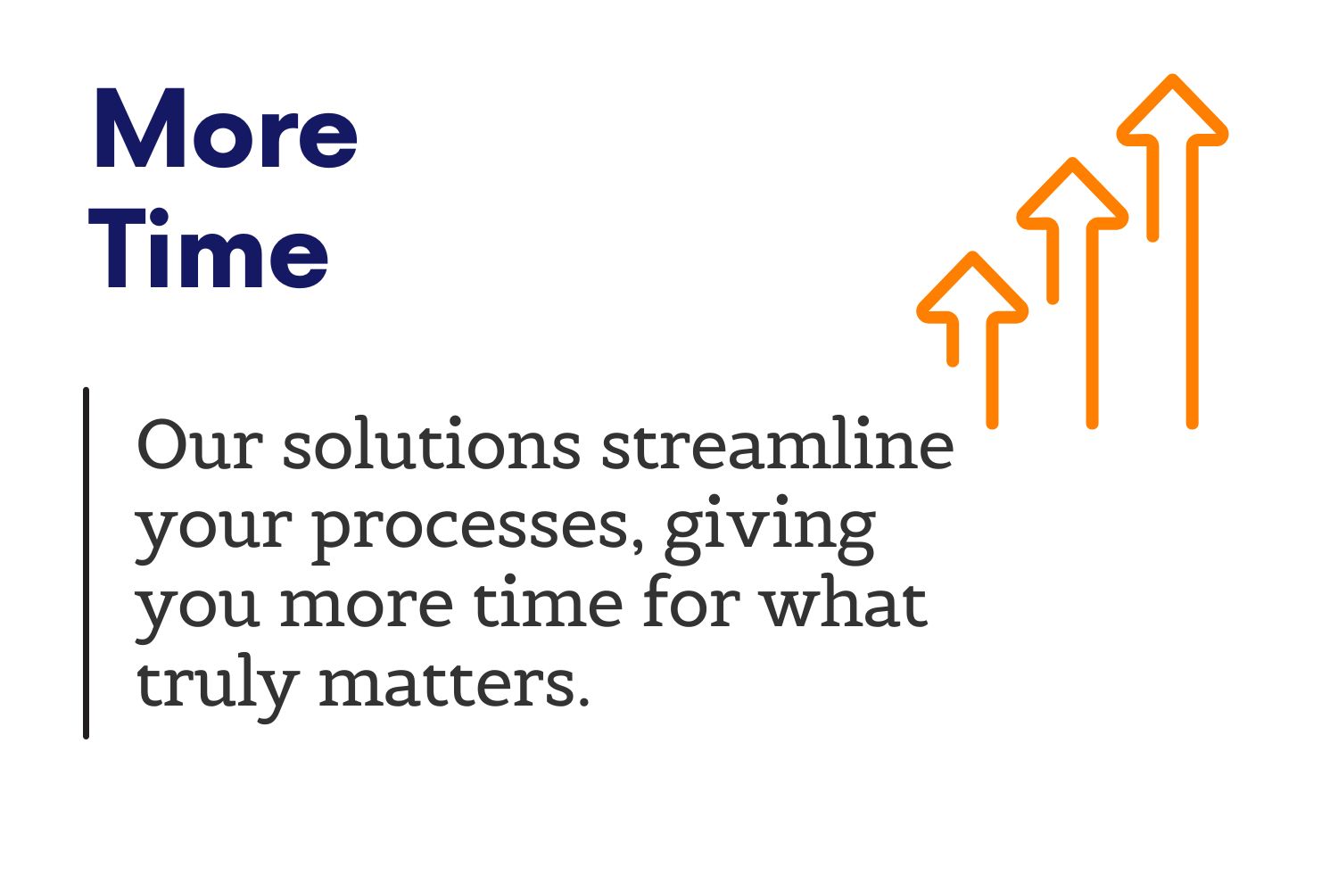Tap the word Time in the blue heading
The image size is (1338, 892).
[208, 248]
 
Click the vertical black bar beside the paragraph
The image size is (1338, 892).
[86, 563]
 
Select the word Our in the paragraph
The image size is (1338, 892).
[200, 444]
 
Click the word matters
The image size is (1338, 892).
[455, 683]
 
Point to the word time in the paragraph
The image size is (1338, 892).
[549, 602]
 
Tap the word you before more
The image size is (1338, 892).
[198, 615]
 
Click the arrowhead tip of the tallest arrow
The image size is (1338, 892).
[1173, 77]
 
